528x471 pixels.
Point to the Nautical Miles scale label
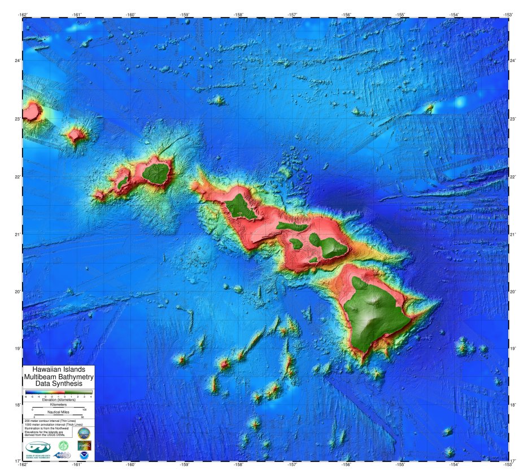click(x=58, y=412)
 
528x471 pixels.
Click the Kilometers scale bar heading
click(x=58, y=404)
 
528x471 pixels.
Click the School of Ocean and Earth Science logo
click(x=37, y=448)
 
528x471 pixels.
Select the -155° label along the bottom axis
click(x=400, y=464)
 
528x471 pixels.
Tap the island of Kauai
click(x=156, y=173)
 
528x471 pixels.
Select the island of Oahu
click(x=241, y=208)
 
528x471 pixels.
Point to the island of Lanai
click(x=295, y=244)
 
